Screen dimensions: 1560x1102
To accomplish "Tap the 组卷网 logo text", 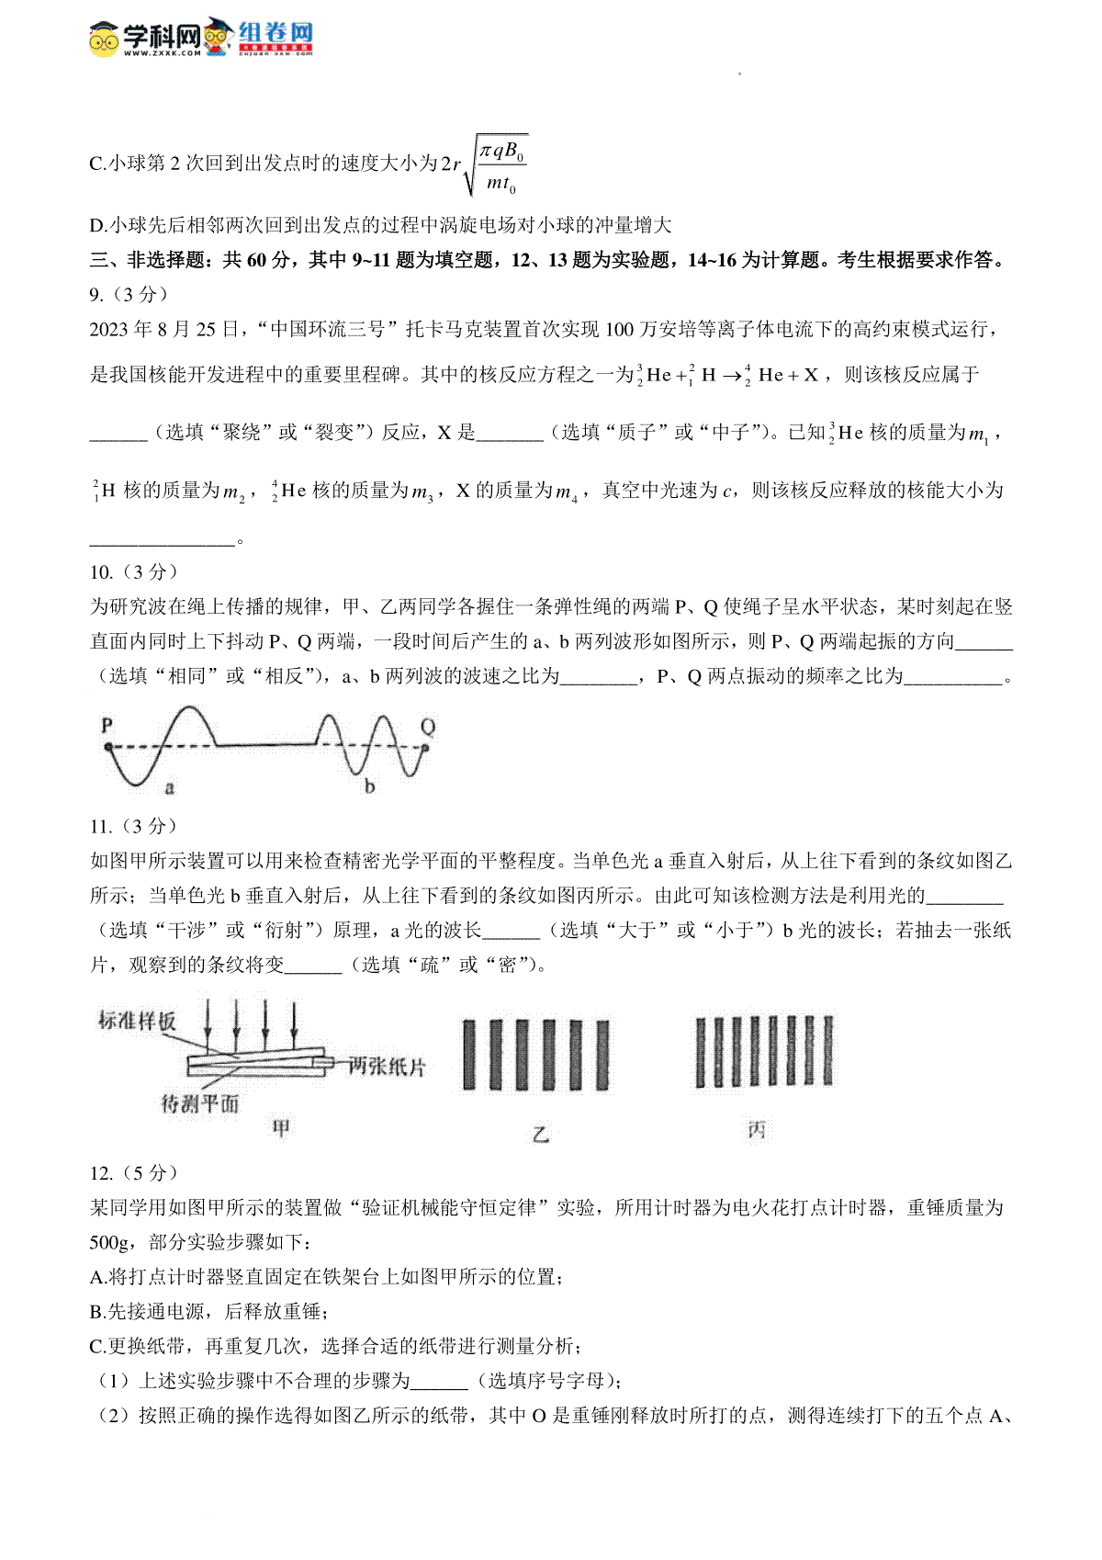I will tap(275, 33).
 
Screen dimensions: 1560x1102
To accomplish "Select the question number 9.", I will tap(96, 295).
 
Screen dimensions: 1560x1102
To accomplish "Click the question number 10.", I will tap(101, 572).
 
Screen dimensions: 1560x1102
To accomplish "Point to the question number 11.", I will tap(101, 826).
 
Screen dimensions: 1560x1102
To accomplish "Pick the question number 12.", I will tap(101, 1173).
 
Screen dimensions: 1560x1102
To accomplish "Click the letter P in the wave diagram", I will tap(107, 725).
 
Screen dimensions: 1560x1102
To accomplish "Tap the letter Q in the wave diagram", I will tap(428, 727).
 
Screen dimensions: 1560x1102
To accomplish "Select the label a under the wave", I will tap(169, 787).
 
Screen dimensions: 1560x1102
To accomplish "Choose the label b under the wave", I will tap(369, 786).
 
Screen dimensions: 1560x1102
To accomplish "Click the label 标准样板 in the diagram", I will tap(137, 1021).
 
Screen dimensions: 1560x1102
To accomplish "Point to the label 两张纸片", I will tap(387, 1067).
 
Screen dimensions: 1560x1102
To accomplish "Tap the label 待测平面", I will tap(199, 1103).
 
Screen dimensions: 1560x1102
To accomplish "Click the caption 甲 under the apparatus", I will tap(281, 1128).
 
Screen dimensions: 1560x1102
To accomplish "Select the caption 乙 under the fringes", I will tap(541, 1134).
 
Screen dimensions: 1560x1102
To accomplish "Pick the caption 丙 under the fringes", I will tap(756, 1130).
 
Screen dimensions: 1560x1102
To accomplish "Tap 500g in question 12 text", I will tap(109, 1242).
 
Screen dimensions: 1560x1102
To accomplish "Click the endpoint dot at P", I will tap(108, 747).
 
